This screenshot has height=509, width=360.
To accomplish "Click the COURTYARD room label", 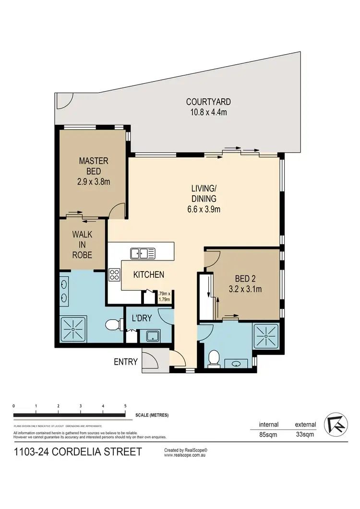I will tap(208, 102).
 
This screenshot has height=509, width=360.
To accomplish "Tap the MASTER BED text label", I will tap(94, 166).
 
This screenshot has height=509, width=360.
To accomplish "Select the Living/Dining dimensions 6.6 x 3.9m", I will tap(204, 209).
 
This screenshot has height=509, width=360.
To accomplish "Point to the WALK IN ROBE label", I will tap(82, 245).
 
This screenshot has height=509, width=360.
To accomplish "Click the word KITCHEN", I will tap(149, 275).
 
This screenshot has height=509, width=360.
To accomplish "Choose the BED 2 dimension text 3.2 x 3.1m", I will tap(245, 289).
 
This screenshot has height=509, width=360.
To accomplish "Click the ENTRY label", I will tap(126, 362).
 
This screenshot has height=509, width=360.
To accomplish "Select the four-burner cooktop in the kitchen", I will tap(115, 275).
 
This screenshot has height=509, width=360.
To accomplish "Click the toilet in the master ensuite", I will tap(113, 325).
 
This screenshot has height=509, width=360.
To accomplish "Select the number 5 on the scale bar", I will tap(125, 406).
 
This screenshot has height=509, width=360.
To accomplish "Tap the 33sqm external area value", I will tap(305, 435).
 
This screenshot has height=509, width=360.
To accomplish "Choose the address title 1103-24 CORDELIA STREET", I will tap(78, 451).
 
